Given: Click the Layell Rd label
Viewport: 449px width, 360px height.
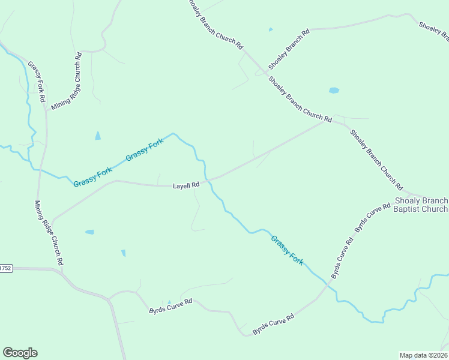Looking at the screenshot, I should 186,186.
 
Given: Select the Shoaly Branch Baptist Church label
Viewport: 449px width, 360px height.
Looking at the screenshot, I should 421,205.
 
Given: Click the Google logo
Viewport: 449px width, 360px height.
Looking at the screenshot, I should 20,353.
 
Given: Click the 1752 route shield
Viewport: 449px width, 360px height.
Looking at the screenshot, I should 5,268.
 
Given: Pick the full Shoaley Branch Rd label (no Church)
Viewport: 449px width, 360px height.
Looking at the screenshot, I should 289,48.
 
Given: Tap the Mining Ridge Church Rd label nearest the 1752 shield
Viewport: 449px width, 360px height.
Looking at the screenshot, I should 49,233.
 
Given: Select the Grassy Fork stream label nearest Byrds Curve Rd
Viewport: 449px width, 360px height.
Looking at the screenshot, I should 287,250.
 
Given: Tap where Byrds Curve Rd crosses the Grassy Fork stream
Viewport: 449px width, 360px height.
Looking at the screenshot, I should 327,286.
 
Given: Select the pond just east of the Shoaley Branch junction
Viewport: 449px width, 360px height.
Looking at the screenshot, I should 334,91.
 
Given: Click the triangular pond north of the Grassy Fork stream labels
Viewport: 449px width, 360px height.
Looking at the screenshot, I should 98,136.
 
